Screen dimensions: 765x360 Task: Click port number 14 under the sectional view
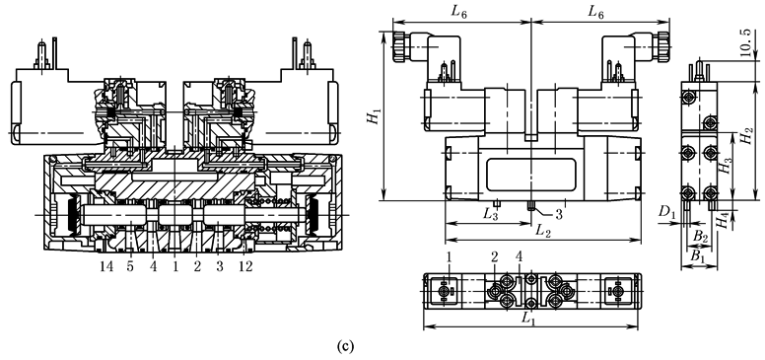point(106,267)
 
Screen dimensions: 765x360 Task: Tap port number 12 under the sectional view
point(245,267)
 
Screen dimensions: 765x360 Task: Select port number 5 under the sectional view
point(131,267)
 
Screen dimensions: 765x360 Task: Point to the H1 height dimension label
point(375,116)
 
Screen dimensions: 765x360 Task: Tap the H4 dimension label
point(726,221)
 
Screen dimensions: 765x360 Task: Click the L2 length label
point(541,231)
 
